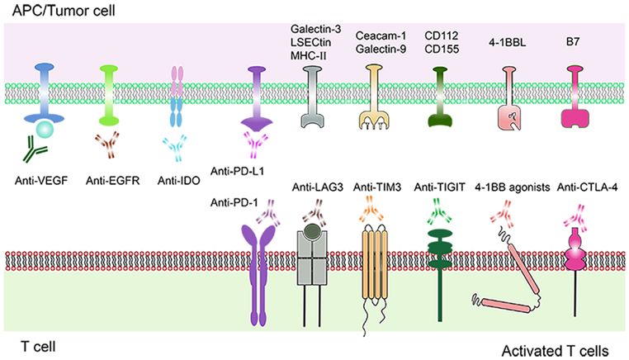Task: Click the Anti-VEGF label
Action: (41, 181)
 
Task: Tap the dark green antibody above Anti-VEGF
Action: (35, 149)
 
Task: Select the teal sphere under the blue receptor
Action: (44, 130)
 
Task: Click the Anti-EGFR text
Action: (113, 181)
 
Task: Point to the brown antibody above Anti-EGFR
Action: (107, 144)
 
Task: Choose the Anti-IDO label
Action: (178, 181)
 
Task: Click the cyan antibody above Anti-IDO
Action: (175, 148)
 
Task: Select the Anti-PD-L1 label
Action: (237, 171)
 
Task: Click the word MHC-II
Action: (308, 55)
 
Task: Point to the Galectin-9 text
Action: (381, 49)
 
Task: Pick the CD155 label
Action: (442, 49)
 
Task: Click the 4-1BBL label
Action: (507, 42)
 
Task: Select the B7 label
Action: (572, 41)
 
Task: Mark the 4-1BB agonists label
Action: (513, 187)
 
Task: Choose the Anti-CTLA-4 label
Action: (587, 187)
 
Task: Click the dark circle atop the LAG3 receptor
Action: (313, 230)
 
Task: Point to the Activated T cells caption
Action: (555, 351)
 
